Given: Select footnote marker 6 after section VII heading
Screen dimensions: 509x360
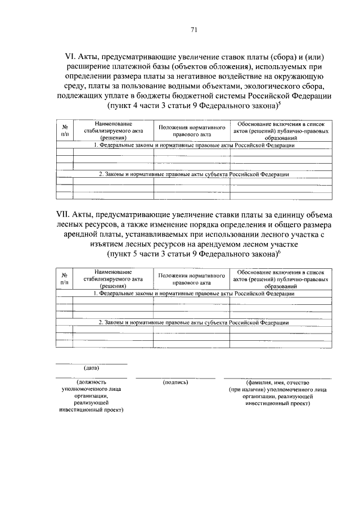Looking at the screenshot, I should [280, 252].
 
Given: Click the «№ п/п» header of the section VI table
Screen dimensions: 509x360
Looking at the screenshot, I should [64, 130].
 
